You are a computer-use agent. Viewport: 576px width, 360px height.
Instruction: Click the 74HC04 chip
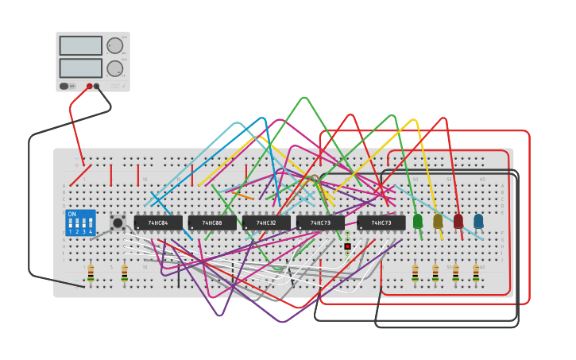[x=157, y=223]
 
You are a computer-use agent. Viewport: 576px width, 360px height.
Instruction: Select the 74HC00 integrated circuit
[x=212, y=223]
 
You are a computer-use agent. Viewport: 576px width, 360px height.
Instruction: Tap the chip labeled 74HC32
[x=266, y=223]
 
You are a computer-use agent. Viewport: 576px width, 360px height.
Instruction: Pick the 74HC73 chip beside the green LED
[x=381, y=223]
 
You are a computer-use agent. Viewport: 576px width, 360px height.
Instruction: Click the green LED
[x=418, y=221]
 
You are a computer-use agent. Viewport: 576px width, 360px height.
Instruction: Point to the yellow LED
[x=438, y=221]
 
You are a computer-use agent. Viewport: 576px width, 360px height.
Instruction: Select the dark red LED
[x=458, y=221]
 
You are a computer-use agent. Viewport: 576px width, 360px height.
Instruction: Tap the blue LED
[x=478, y=221]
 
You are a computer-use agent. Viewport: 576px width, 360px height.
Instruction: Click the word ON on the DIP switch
[x=72, y=215]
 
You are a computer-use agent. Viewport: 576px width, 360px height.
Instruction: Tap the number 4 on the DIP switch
[x=90, y=232]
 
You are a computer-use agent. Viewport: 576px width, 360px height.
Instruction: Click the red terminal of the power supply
[x=89, y=86]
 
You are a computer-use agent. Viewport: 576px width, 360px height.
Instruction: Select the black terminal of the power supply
[x=97, y=86]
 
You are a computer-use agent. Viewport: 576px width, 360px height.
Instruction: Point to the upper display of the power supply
[x=80, y=45]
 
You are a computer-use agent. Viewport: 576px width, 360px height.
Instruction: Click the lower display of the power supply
[x=80, y=68]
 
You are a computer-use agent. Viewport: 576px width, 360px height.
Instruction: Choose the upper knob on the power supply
[x=115, y=45]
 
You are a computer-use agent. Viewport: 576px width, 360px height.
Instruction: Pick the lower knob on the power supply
[x=115, y=68]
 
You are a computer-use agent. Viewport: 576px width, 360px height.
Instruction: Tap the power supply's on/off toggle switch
[x=64, y=86]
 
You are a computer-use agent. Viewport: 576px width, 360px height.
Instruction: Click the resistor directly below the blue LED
[x=476, y=273]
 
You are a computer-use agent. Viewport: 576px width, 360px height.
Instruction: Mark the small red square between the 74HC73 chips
[x=347, y=246]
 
